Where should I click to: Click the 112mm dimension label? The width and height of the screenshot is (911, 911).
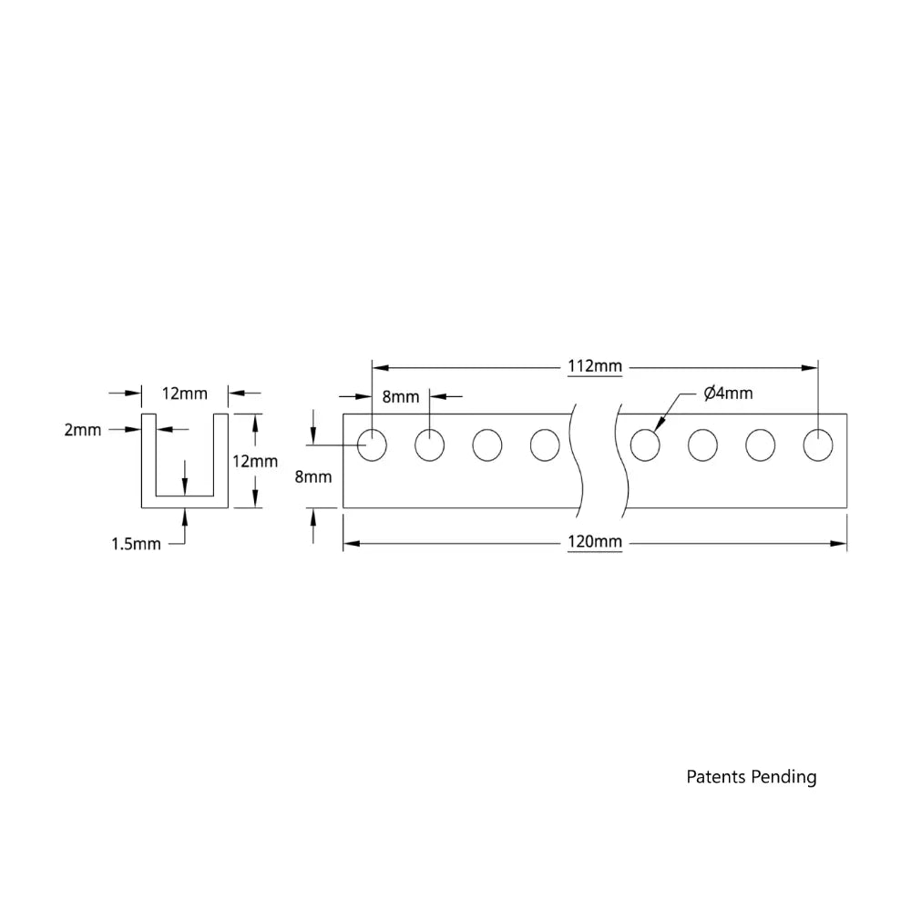[594, 366]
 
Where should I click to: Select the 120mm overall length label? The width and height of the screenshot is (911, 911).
[594, 542]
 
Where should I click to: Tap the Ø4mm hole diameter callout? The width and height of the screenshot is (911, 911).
[728, 394]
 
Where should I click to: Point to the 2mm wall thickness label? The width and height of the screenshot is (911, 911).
[83, 430]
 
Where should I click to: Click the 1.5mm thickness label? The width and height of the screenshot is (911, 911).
[136, 544]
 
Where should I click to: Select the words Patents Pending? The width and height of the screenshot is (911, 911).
[751, 777]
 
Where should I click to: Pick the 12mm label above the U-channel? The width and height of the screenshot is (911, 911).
[184, 394]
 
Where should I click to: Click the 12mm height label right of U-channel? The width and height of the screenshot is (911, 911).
[255, 461]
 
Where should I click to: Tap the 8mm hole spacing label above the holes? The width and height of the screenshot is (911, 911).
[400, 396]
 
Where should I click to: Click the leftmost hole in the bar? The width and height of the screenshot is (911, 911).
[372, 445]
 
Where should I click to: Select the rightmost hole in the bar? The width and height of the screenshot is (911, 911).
[818, 445]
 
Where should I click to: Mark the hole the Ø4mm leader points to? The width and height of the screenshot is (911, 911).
[645, 445]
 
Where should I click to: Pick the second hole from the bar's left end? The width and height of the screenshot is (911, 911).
[429, 445]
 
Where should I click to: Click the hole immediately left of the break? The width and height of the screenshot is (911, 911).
[545, 445]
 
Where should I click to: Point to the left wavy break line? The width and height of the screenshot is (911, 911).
[577, 460]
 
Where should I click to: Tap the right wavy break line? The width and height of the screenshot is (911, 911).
[621, 460]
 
